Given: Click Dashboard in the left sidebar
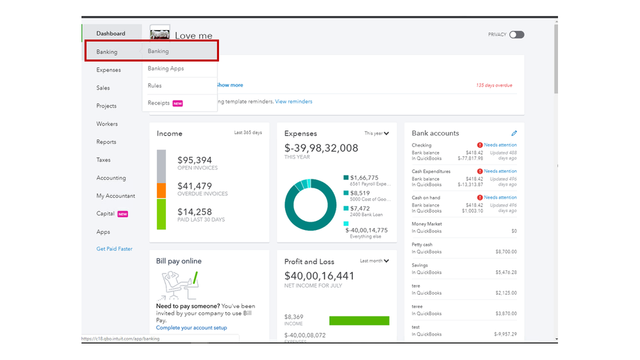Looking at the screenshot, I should (x=111, y=33).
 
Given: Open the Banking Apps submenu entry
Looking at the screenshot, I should (x=166, y=69).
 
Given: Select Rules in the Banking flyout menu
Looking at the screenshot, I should (x=155, y=86).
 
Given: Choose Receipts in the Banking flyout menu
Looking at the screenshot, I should (x=159, y=103).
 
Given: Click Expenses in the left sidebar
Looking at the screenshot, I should (x=108, y=70).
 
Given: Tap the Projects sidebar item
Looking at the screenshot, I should (x=106, y=106).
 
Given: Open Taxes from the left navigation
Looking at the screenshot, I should (x=103, y=160).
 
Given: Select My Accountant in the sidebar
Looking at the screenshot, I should (x=115, y=196).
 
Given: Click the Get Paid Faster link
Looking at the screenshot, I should (x=114, y=249).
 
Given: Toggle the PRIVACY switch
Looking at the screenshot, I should (x=516, y=35).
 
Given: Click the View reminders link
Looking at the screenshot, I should (x=293, y=101).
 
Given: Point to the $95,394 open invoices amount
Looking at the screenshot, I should (x=194, y=160).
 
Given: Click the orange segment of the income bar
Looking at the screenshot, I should (x=161, y=190).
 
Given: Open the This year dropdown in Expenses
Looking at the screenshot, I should (x=377, y=133).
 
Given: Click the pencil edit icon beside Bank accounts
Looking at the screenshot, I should (x=514, y=133).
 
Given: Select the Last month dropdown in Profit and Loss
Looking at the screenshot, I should (x=374, y=261).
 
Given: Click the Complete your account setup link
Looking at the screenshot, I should (x=192, y=328).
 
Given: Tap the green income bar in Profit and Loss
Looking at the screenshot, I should (x=359, y=320).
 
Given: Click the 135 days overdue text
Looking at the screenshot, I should (x=494, y=85).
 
